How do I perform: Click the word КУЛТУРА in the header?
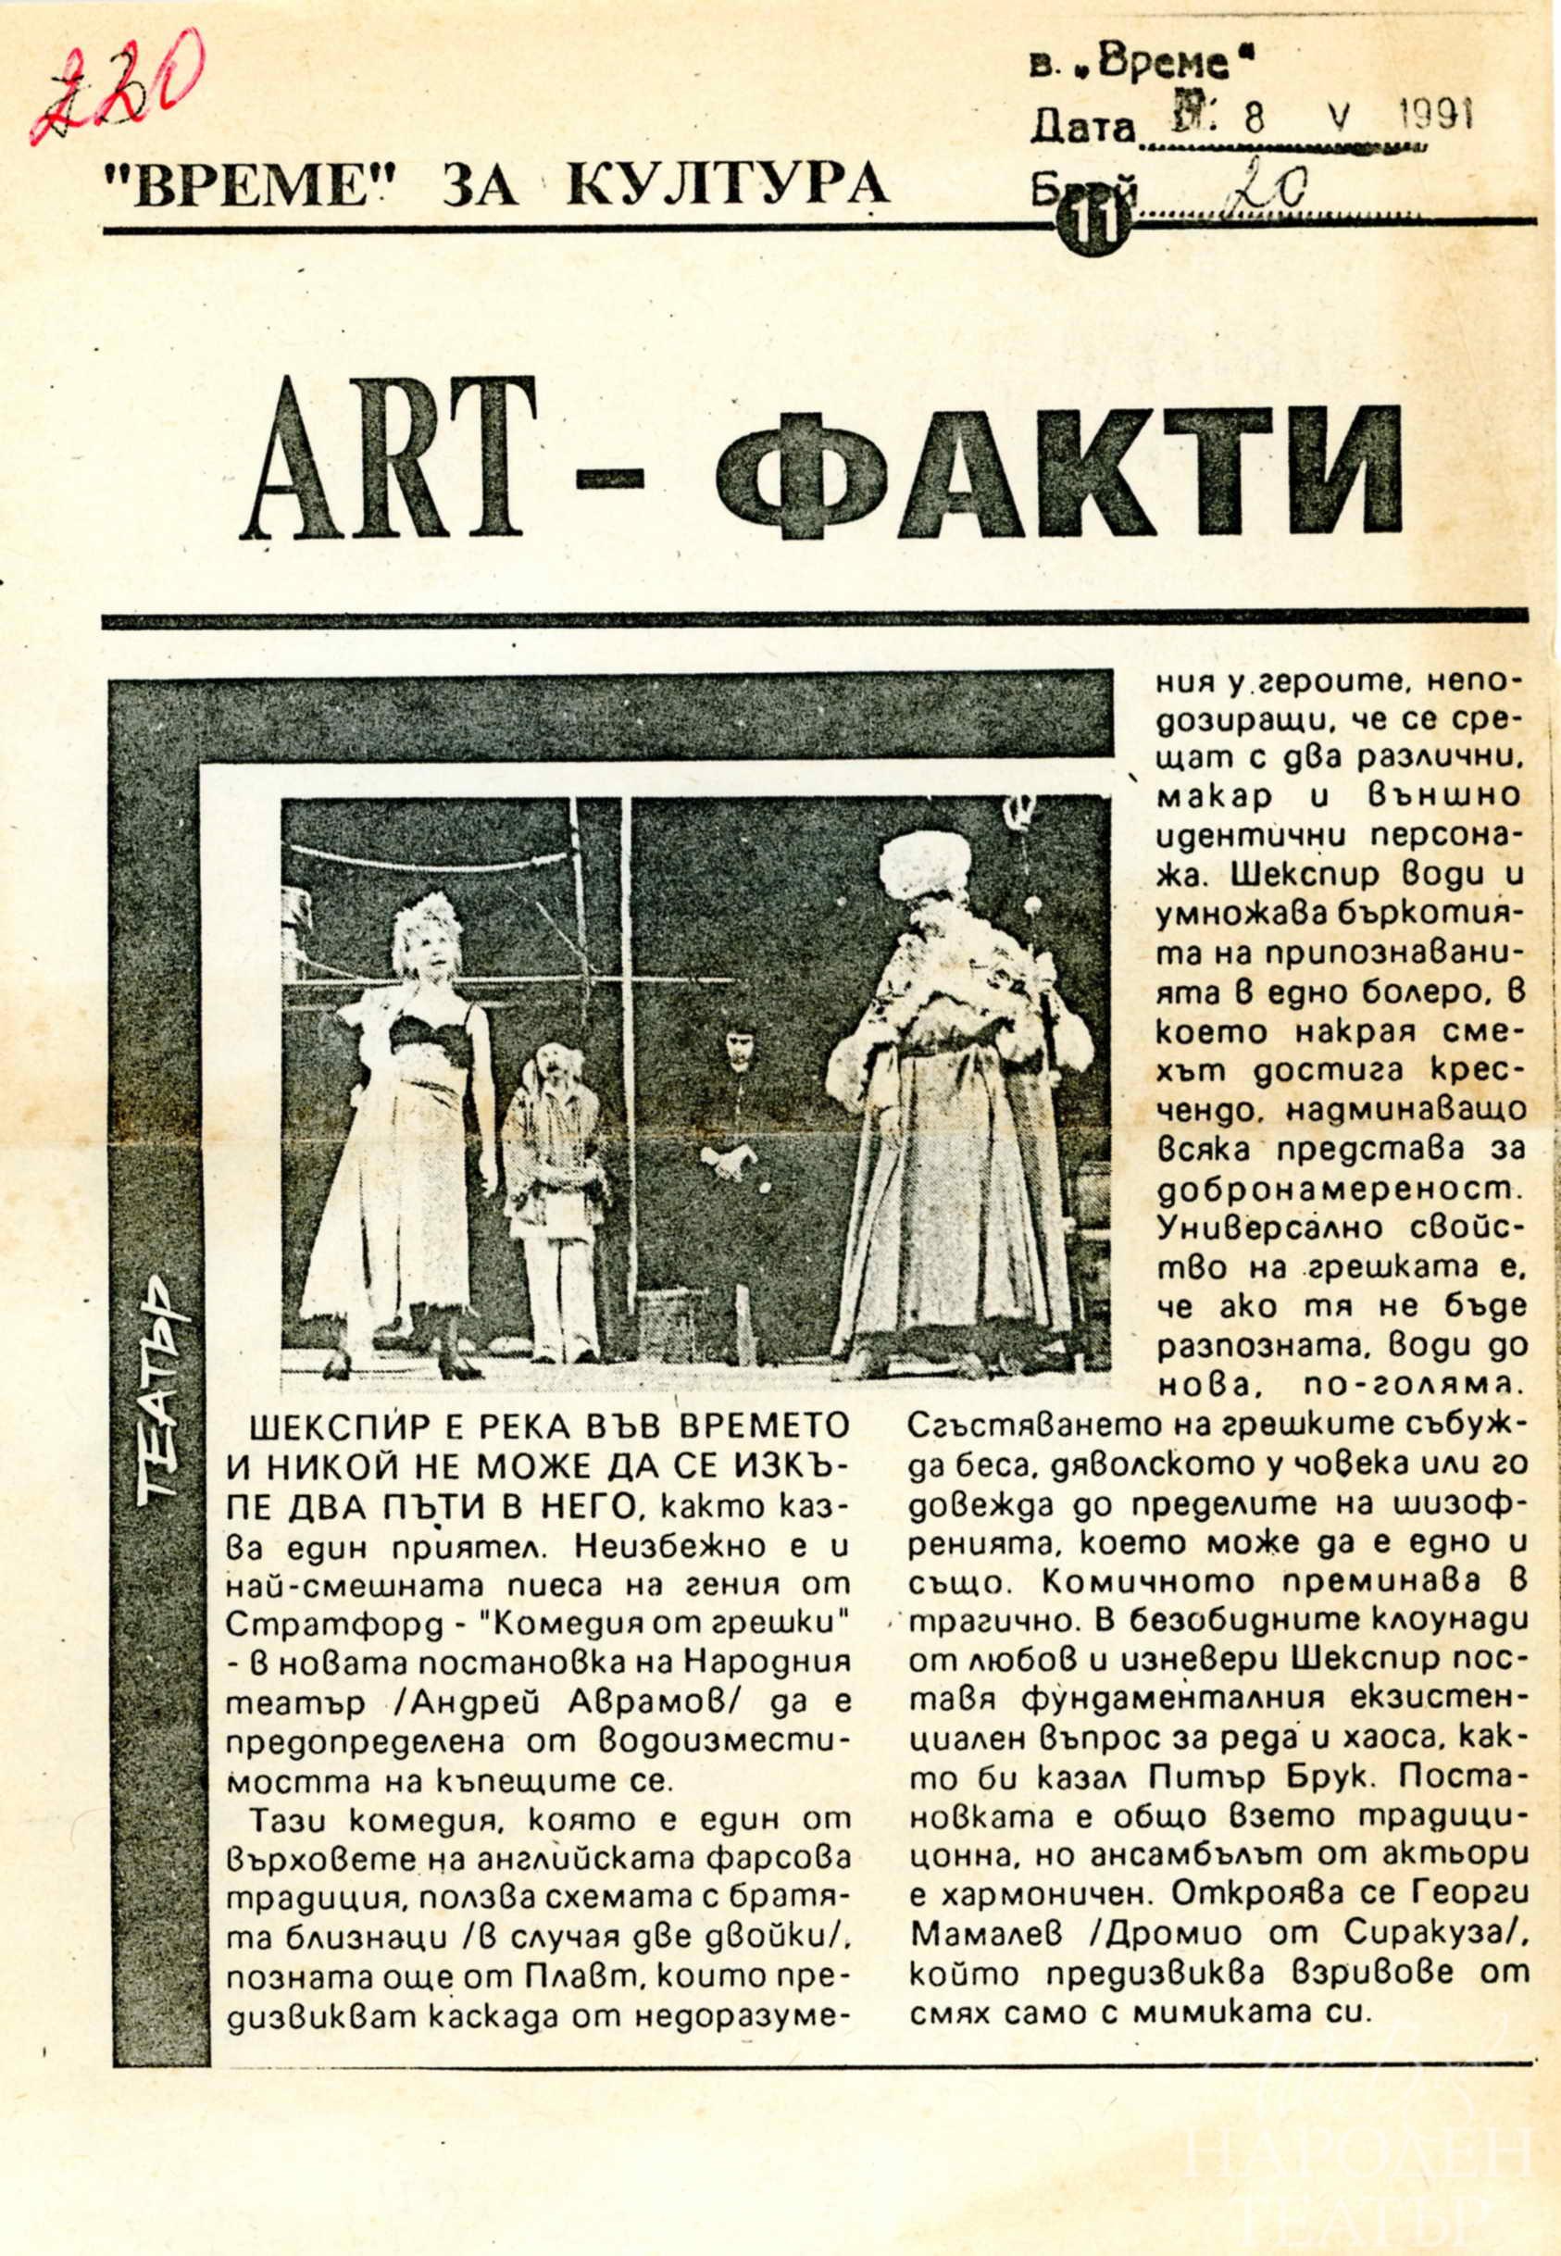728,184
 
